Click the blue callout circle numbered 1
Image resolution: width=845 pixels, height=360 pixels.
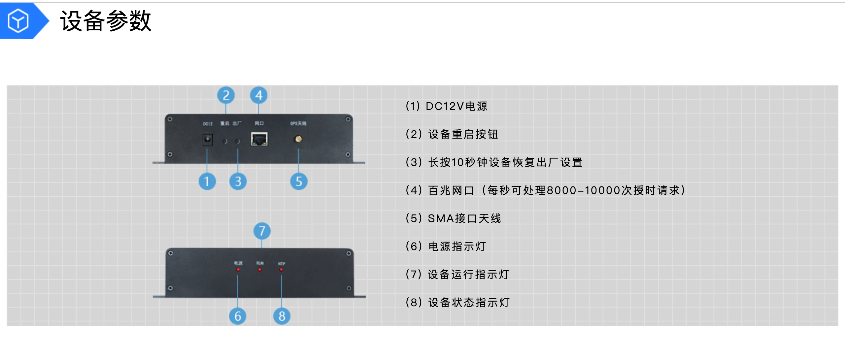(207, 181)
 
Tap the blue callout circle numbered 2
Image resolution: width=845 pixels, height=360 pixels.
(226, 95)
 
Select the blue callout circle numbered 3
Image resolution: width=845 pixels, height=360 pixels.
(238, 181)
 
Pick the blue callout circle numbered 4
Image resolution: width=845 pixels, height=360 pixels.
(258, 95)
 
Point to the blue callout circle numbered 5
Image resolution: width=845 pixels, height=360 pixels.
(299, 181)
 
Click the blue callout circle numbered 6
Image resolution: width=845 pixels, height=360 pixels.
(238, 316)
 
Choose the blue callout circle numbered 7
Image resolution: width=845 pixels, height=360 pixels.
(262, 231)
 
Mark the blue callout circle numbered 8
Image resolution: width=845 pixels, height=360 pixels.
(282, 316)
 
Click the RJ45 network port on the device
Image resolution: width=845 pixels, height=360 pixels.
(259, 139)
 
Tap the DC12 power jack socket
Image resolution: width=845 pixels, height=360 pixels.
(207, 140)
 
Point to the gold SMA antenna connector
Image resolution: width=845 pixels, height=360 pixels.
(298, 139)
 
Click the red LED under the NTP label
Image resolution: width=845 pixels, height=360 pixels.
(281, 270)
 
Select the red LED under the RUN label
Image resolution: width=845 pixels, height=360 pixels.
(260, 270)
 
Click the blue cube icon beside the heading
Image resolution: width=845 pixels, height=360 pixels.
(18, 21)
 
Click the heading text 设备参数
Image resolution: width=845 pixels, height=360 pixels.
(106, 21)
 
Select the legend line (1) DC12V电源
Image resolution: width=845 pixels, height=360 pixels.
(446, 106)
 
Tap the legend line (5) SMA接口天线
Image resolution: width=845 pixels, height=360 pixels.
(453, 218)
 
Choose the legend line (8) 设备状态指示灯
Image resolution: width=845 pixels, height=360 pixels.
(457, 303)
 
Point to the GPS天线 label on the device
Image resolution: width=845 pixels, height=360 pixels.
(298, 123)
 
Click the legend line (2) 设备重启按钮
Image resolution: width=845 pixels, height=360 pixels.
(452, 134)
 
